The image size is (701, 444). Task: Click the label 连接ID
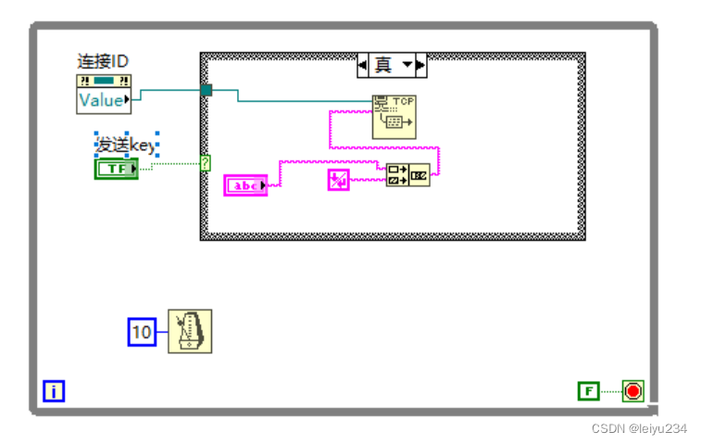click(x=102, y=61)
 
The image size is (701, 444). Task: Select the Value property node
click(x=102, y=100)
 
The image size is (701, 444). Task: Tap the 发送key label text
click(x=127, y=145)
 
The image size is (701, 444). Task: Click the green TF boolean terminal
click(x=116, y=169)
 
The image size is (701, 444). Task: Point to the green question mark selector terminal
click(x=205, y=163)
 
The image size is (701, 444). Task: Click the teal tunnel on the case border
click(x=206, y=90)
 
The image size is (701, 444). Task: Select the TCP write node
click(x=394, y=117)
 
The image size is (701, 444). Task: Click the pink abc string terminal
click(x=245, y=186)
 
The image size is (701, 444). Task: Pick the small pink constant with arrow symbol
click(x=338, y=180)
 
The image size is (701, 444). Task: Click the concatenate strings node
click(x=407, y=173)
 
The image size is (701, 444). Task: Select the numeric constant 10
click(x=141, y=331)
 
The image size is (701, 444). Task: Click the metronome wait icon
click(x=190, y=331)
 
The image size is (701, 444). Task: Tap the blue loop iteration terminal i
click(x=54, y=392)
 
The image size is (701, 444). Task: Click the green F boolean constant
click(x=588, y=391)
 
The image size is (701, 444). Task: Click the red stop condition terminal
click(x=632, y=391)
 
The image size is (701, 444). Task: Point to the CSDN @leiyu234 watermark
click(x=640, y=427)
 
